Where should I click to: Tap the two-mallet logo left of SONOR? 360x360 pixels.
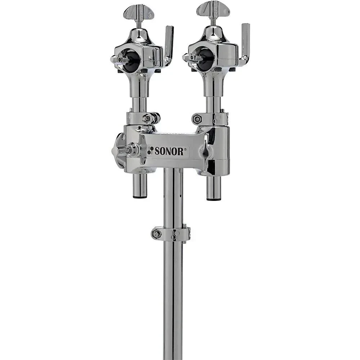coord(150,151)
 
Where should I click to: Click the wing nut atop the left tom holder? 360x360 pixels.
coord(139,12)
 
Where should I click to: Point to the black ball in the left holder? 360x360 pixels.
coord(132,59)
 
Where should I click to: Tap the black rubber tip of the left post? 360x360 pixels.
coord(140,197)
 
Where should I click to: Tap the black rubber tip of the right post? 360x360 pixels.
coord(213,198)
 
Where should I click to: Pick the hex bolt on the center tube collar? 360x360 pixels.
coord(157,234)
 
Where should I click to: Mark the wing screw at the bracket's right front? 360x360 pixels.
coord(206,150)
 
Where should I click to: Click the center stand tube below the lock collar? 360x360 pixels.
coord(173,299)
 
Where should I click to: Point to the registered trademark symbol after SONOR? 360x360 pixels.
coord(186,149)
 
